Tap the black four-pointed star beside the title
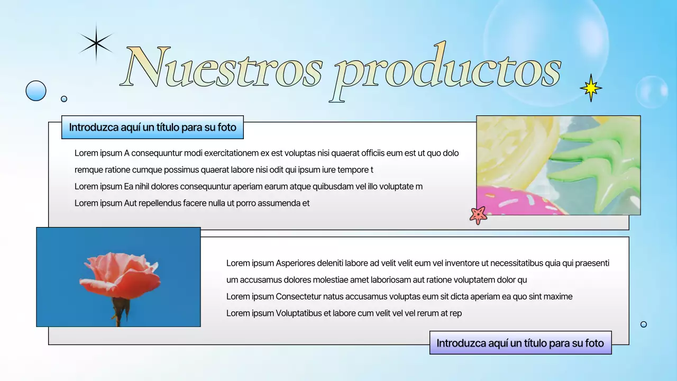(x=96, y=43)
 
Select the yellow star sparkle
(x=591, y=88)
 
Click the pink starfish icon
(x=478, y=215)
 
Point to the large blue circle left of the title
(x=36, y=90)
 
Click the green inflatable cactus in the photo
(x=603, y=164)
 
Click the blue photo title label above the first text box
(x=152, y=128)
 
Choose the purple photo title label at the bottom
(x=520, y=343)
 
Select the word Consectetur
(x=301, y=297)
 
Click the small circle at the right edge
(x=644, y=324)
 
